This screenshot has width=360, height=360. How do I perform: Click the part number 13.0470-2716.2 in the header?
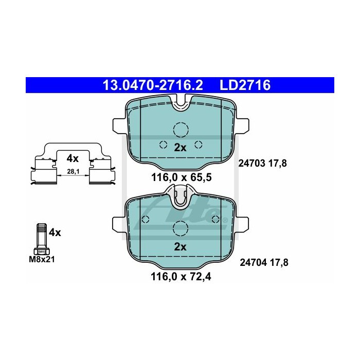153,85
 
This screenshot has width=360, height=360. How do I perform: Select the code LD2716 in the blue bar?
245,85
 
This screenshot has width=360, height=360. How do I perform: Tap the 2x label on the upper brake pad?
180,148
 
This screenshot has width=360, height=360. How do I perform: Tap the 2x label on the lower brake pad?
180,247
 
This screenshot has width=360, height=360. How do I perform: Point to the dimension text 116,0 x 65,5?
182,177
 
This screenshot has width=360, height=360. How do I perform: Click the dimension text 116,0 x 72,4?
181,277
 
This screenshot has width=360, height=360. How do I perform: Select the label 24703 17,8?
263,164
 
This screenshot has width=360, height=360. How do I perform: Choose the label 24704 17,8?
264,262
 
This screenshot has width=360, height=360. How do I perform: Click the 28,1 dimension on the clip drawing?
71,171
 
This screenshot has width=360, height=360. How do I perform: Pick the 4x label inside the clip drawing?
73,158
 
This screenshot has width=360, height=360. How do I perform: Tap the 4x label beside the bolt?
55,233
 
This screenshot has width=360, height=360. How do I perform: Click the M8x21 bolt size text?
42,260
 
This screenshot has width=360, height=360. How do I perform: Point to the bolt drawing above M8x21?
42,239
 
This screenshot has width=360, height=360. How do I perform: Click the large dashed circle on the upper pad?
181,130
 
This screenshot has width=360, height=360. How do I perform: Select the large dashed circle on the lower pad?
181,229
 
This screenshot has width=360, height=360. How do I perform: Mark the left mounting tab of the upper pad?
119,127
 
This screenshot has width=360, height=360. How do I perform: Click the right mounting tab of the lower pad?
242,225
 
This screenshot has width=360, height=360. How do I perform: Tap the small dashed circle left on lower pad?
146,219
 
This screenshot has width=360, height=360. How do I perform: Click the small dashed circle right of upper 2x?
199,145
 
